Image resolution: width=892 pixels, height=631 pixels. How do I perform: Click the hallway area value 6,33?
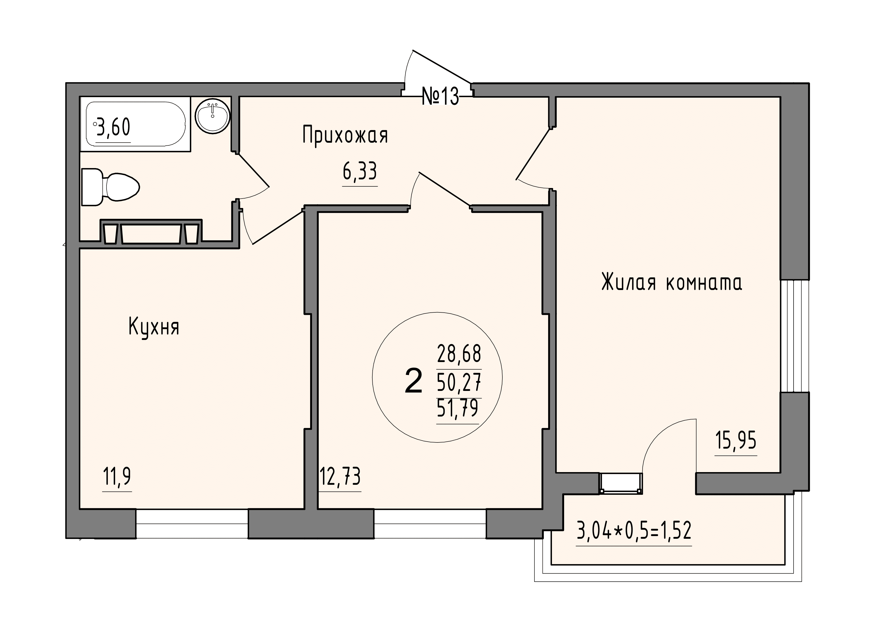360,172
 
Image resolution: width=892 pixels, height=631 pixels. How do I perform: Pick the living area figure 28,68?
459,354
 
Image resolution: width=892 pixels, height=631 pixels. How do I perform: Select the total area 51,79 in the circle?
458,408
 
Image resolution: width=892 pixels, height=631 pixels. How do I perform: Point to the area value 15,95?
736,441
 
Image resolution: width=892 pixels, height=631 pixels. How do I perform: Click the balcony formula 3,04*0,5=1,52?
634,531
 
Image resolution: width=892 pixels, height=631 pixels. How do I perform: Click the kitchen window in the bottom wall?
192,524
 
